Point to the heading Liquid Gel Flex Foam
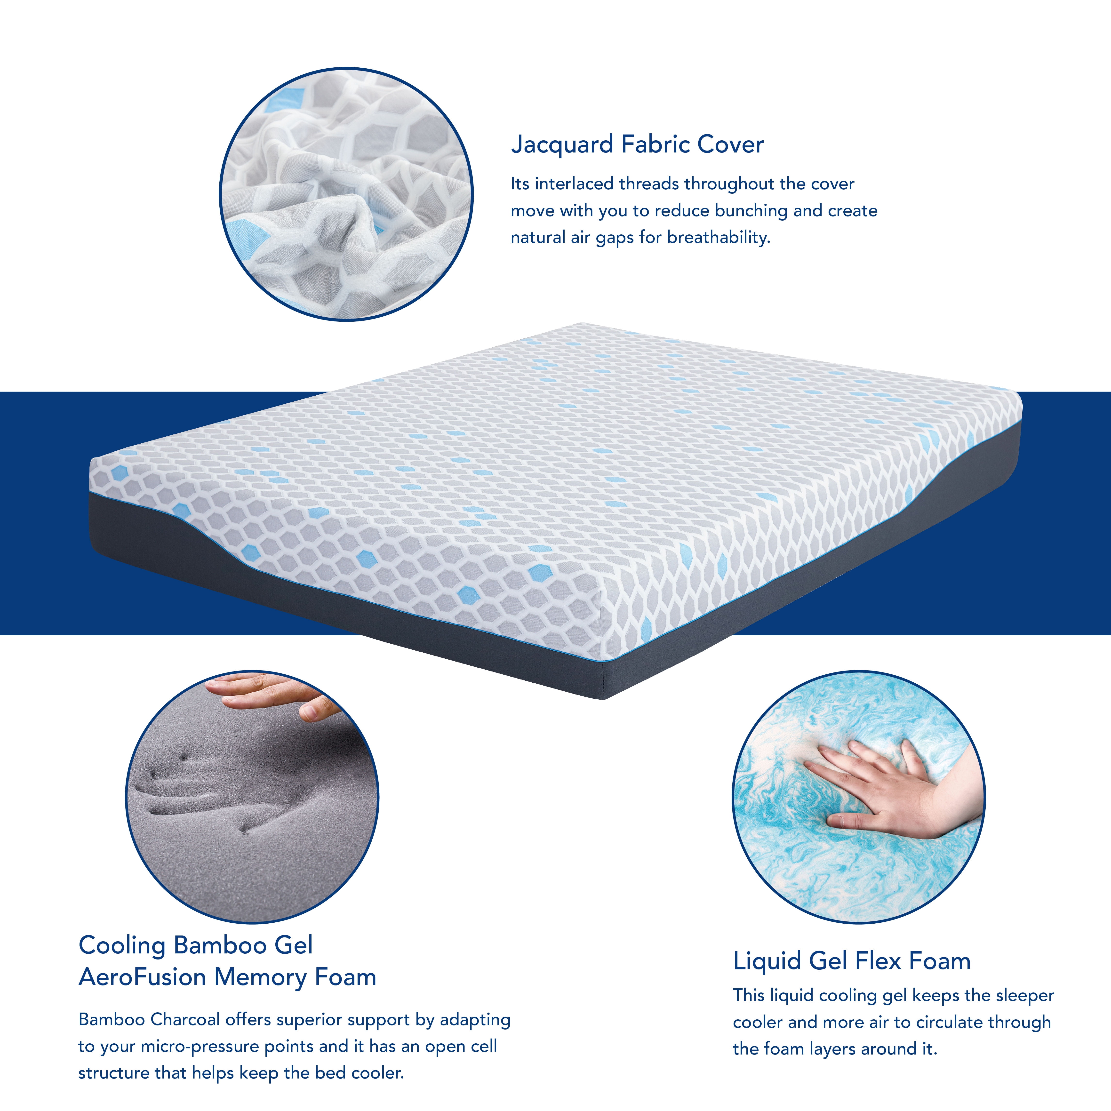[852, 961]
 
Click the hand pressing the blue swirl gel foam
[891, 794]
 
